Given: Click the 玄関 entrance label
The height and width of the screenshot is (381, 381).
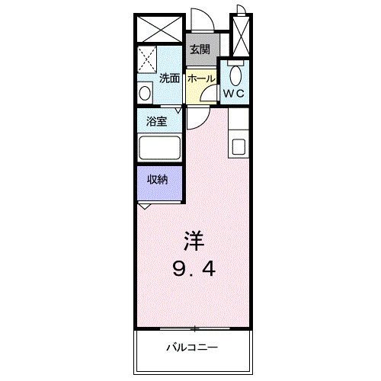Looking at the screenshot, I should [x=200, y=50].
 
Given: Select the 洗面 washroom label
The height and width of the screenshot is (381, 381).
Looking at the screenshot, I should [x=169, y=78].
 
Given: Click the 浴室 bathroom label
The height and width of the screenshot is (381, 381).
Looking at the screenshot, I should [x=157, y=120].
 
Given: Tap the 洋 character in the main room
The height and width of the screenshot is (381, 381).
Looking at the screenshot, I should [x=194, y=241].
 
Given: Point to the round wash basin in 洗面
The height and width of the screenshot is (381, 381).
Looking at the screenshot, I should [x=145, y=92].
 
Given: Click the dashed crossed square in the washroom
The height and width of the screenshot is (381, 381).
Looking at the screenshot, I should [x=147, y=58].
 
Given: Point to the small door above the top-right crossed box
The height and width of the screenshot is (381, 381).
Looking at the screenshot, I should [x=240, y=10].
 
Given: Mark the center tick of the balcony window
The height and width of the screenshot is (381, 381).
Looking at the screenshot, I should [x=194, y=329].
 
